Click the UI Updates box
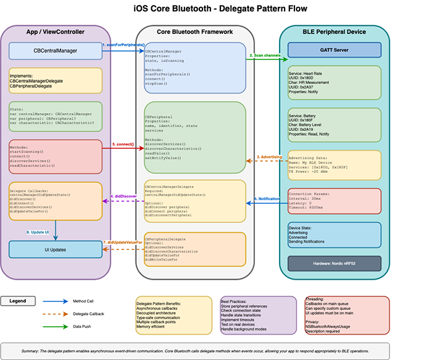click(x=56, y=249)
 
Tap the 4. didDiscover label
click(x=123, y=196)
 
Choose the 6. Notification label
click(x=266, y=198)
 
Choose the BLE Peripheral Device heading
click(x=335, y=31)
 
